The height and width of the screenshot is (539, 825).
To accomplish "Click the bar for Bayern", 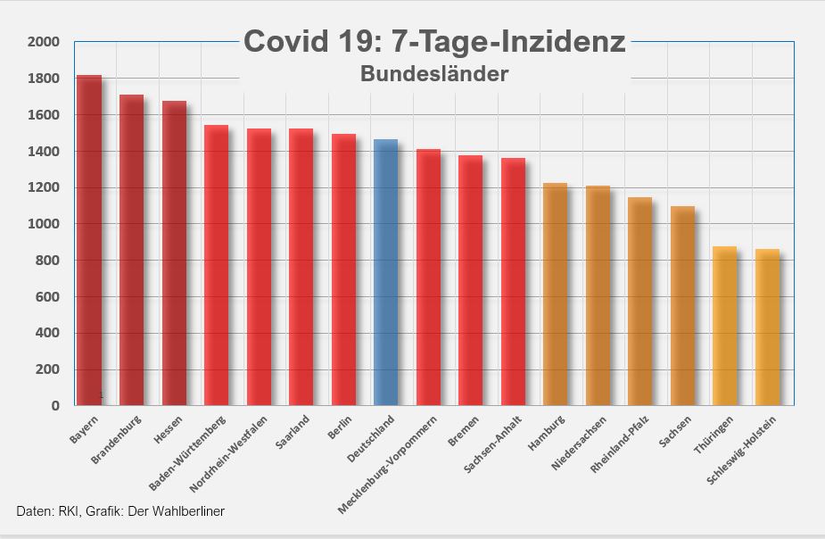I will tap(89, 241).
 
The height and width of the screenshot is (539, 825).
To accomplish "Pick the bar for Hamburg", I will tap(555, 294).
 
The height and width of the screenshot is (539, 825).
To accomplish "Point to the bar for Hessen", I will tap(174, 253).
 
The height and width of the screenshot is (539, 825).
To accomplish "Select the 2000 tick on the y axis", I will tap(43, 42).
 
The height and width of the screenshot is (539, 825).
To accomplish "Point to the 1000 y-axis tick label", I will tap(43, 224).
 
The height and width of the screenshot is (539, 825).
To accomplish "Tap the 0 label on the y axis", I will tap(55, 405).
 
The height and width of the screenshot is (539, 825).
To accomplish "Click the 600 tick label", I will tap(46, 296).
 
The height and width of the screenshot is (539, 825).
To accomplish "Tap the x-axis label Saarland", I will tap(293, 431).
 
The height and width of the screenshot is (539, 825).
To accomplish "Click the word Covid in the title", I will tap(283, 42).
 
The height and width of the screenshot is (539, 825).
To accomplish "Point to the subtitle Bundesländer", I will tap(434, 74).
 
